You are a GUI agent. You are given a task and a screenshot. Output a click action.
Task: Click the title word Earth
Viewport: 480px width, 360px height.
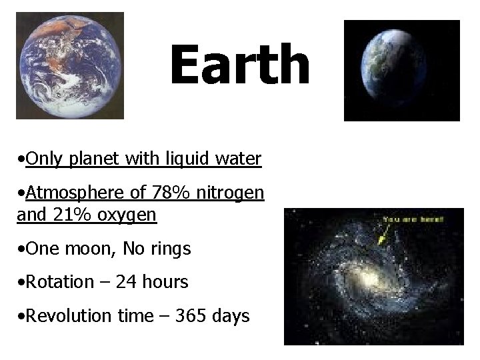(239, 66)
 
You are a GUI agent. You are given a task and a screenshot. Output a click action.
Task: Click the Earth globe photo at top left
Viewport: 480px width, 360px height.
(70, 65)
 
